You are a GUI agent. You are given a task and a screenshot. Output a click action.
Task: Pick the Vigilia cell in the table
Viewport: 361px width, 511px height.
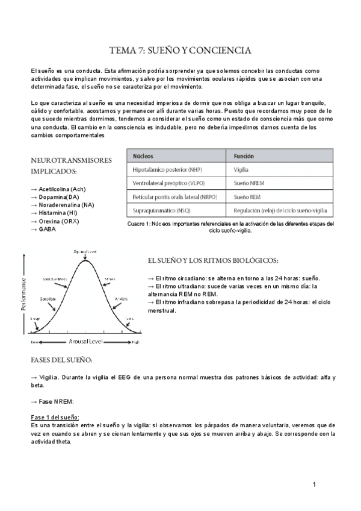[x=241, y=171]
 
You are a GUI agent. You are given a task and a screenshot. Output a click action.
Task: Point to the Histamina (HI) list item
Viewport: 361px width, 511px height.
[x=58, y=213]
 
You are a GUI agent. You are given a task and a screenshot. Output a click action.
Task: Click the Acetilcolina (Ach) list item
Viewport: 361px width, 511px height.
[x=58, y=189]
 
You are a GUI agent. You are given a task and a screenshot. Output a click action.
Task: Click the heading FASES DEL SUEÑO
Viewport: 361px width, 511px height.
[x=61, y=360]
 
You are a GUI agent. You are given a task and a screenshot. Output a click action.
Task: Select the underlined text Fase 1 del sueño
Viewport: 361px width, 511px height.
[x=54, y=417]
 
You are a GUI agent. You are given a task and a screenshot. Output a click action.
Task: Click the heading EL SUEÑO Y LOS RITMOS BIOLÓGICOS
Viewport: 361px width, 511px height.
[x=212, y=260]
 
